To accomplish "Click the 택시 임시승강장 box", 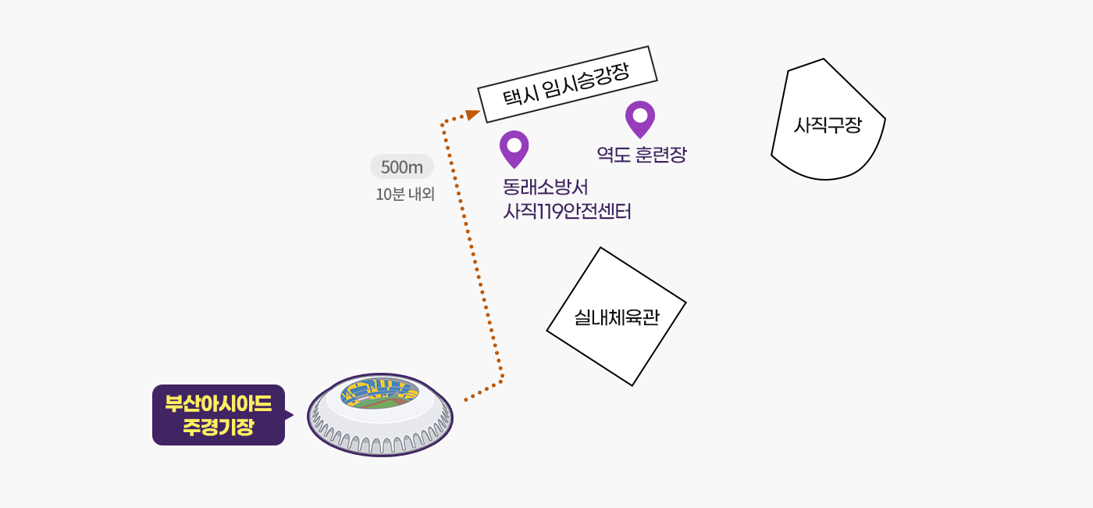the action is pos(568,84).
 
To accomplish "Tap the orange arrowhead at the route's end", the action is pos(472,115).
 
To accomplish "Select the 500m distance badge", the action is pos(401,166).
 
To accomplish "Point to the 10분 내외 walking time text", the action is pos(405,195).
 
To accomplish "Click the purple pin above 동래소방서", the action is pos(514,148).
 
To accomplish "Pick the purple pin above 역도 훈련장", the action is pos(640,119).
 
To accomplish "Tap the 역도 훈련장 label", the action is pos(642,155).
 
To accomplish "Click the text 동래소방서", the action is pos(546,187).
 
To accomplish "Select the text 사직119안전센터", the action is pos(567,212).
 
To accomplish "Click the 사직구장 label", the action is pos(828,126).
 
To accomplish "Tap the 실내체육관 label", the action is pos(617,317).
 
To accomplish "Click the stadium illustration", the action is pos(380,415).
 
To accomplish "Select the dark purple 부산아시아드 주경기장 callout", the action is pos(219,415).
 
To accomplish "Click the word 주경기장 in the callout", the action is pos(219,427).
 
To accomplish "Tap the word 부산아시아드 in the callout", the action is pos(219,404).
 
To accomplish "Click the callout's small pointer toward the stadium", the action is pos(290,415).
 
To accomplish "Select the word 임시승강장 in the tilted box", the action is pos(586,79).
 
